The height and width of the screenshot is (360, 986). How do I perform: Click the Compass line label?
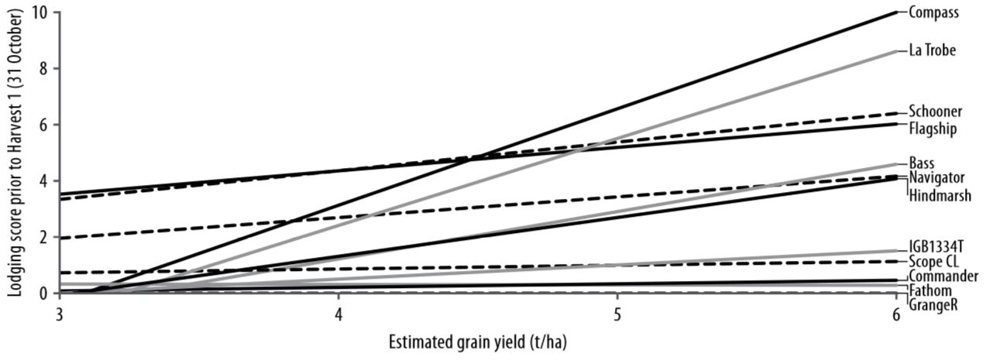click(934, 12)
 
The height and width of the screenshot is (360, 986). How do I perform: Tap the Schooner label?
click(935, 112)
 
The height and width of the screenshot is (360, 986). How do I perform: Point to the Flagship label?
click(933, 129)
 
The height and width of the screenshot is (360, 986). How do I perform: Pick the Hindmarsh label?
click(939, 194)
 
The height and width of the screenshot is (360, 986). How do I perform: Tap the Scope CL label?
click(934, 262)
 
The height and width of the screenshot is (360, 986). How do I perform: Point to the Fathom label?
click(929, 291)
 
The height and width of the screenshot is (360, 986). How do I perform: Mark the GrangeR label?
click(933, 305)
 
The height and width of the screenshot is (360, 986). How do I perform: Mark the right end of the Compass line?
click(895, 12)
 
